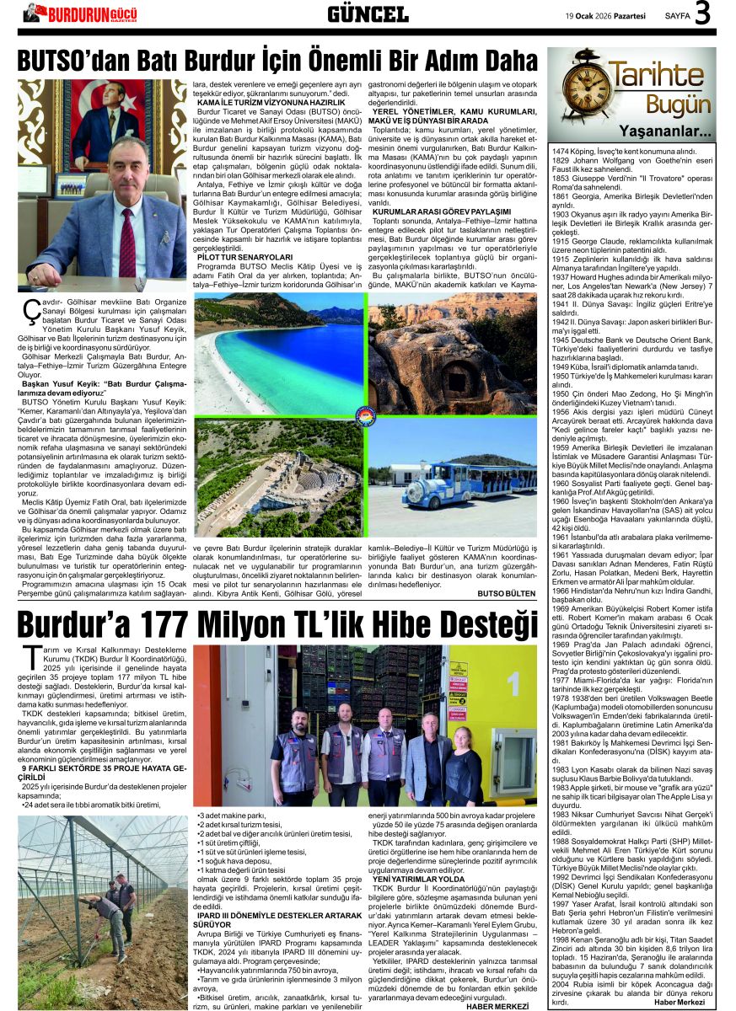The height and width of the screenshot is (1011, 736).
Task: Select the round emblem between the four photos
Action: (x=366, y=418)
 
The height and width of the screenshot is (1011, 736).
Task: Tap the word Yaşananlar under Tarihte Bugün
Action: (x=665, y=131)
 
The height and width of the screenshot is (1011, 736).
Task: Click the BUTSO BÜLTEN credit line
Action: (x=507, y=593)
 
